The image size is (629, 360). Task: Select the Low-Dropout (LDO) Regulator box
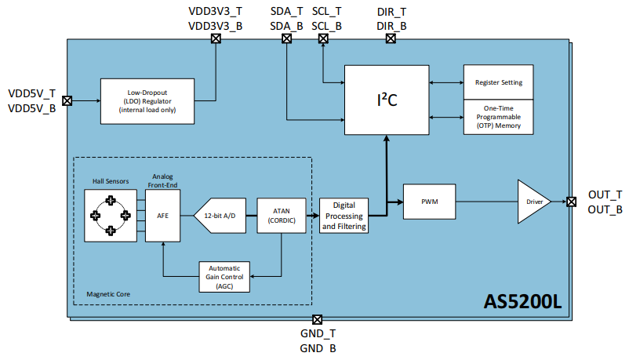[x=147, y=100]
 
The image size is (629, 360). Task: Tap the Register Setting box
[x=499, y=82]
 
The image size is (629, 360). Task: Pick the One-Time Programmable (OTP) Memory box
[x=499, y=117]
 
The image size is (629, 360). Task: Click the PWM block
[x=429, y=202]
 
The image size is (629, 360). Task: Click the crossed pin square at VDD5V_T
[x=67, y=100]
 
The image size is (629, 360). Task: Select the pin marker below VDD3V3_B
[x=216, y=41]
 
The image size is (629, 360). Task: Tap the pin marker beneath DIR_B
[x=391, y=41]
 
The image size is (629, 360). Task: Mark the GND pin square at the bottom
[x=317, y=319]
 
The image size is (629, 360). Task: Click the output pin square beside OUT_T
[x=571, y=202]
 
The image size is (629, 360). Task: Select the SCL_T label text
[x=326, y=12]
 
